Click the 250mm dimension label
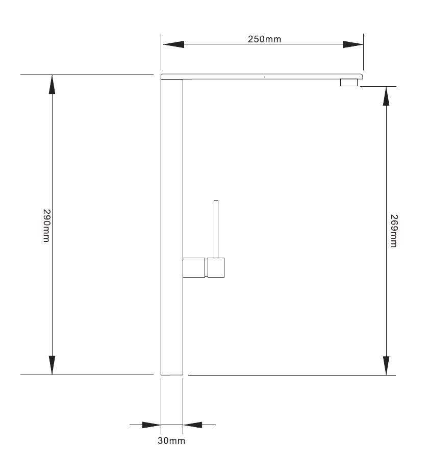(264, 39)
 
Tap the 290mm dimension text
(46, 226)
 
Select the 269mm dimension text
(393, 231)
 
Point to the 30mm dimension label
(171, 441)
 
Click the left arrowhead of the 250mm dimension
(173, 44)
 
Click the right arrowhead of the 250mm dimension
(353, 44)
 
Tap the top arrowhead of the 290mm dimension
(52, 85)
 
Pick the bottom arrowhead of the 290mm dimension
(52, 365)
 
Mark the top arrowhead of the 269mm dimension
(386, 96)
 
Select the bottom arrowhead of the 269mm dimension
(386, 366)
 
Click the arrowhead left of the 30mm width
(152, 425)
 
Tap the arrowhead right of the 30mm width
(192, 425)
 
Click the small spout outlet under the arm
(349, 83)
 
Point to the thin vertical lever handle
(216, 229)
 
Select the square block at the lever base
(216, 267)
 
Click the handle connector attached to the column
(194, 267)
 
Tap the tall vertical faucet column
(172, 227)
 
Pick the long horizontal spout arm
(262, 77)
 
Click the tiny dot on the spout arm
(264, 77)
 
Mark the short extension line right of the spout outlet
(378, 86)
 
